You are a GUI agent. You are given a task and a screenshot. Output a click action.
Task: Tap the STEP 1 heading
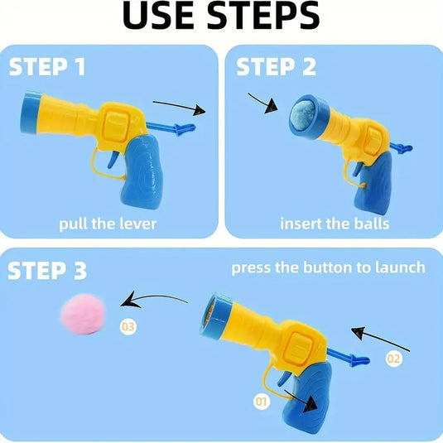pyautogui.click(x=47, y=66)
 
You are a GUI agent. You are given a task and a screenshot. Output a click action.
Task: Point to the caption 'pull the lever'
pyautogui.click(x=107, y=224)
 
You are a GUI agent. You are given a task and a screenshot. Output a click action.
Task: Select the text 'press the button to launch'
pyautogui.click(x=328, y=267)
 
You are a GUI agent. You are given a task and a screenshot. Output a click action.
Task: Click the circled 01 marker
pyautogui.click(x=262, y=402)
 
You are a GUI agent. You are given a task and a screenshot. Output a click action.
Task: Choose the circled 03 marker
pyautogui.click(x=128, y=327)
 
